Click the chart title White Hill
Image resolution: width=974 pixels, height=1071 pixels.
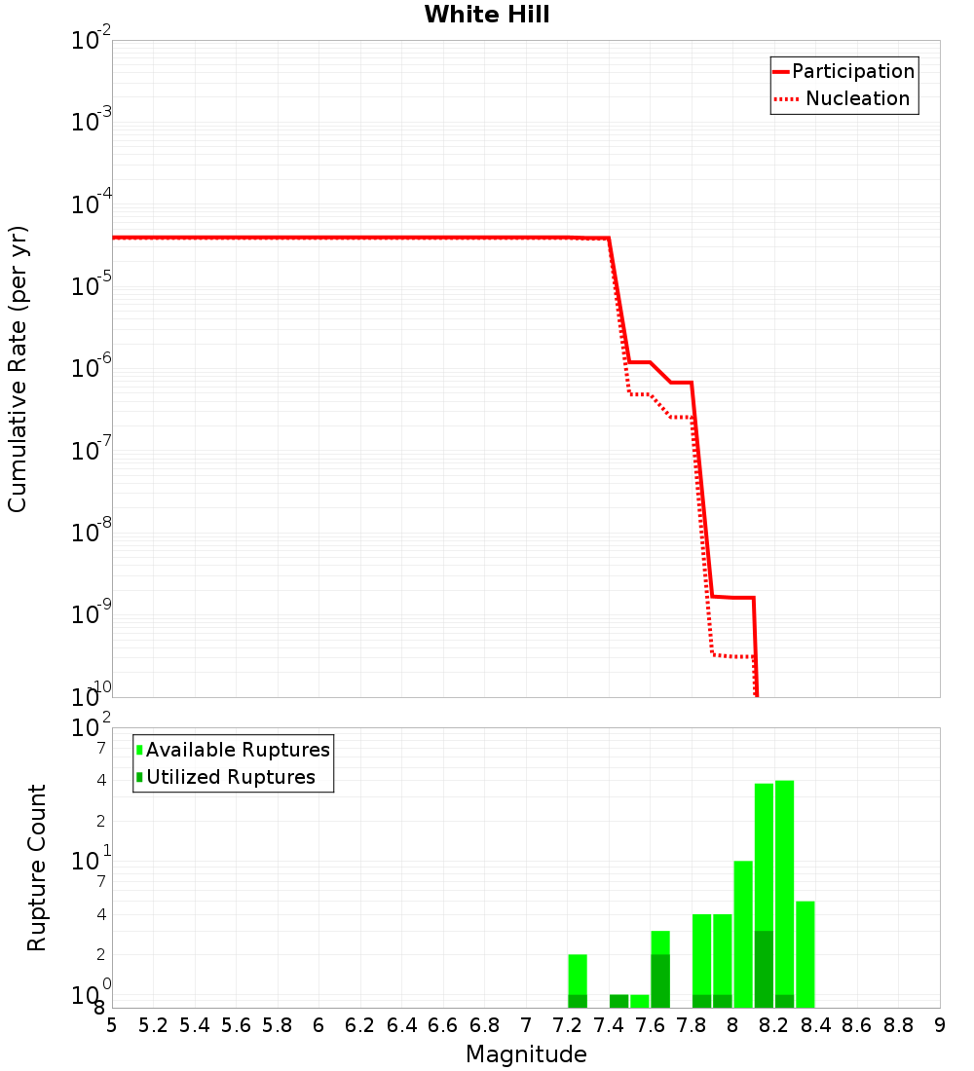(487, 15)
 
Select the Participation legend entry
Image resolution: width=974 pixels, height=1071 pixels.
(852, 71)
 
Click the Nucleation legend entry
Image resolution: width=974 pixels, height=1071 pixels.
(857, 98)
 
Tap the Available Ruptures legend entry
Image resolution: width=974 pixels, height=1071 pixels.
(238, 750)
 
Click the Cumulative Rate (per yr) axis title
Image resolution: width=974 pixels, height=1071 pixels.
(18, 368)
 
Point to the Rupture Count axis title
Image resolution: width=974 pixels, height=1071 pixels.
(37, 867)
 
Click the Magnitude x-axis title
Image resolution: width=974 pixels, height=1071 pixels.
(526, 1054)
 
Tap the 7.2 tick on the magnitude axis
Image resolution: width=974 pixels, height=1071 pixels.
(567, 1025)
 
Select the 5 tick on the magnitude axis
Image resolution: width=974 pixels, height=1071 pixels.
(112, 1025)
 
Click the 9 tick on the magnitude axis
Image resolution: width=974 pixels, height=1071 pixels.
(940, 1025)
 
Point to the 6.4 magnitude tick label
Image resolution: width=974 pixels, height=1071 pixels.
(401, 1025)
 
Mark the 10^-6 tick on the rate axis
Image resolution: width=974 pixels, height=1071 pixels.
(92, 368)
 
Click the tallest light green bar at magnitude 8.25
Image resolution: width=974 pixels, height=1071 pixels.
(784, 876)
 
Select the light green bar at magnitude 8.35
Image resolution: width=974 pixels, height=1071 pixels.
(805, 954)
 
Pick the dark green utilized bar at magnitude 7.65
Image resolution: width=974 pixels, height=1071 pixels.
(660, 981)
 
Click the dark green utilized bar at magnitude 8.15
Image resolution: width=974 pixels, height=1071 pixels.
(764, 970)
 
